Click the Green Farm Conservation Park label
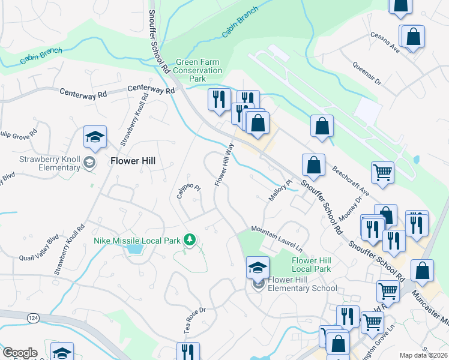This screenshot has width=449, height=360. [x=197, y=70]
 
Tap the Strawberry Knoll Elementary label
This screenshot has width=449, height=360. [x=50, y=163]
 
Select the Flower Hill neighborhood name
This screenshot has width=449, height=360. [x=133, y=160]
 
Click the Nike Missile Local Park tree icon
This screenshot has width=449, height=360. [x=190, y=240]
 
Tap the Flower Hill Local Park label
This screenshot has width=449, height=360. [x=312, y=265]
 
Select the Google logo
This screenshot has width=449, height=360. [x=20, y=353]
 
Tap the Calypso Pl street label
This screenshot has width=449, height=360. [x=188, y=191]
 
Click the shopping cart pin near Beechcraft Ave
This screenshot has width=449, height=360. [x=382, y=172]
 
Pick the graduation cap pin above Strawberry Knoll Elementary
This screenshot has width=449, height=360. [x=95, y=137]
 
